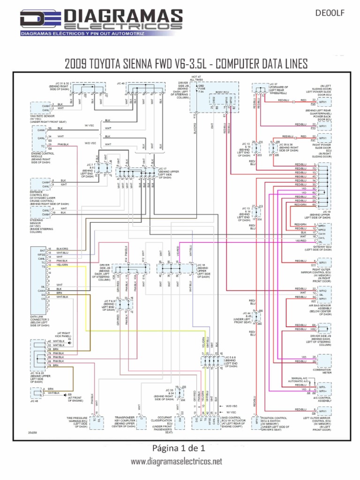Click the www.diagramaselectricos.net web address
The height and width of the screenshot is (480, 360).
(176, 462)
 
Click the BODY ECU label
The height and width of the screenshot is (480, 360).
(222, 93)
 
